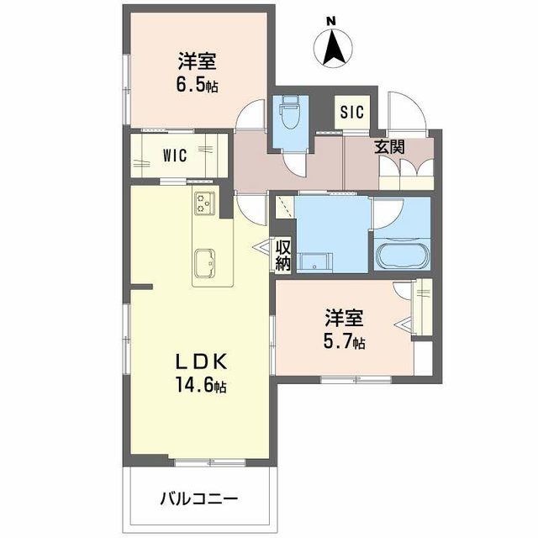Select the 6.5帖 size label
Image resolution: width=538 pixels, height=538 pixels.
(x=197, y=85)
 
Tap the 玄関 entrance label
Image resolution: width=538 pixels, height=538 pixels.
(x=389, y=146)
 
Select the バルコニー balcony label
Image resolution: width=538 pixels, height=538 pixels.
(x=200, y=498)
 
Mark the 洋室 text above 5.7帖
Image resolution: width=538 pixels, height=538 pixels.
(x=345, y=319)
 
